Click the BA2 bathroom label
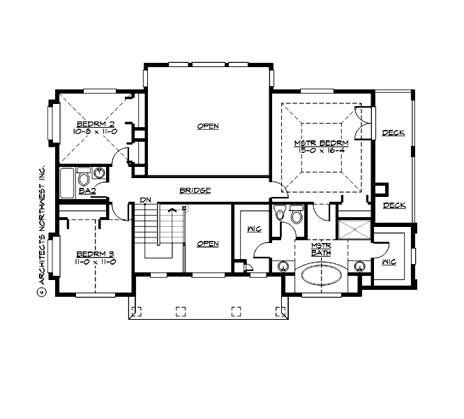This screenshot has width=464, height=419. click(x=87, y=191)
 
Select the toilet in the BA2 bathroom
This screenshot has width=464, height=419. click(x=84, y=177)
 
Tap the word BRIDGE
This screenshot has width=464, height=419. click(x=195, y=190)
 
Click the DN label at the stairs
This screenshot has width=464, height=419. click(x=146, y=200)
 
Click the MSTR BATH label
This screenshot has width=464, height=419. click(x=320, y=249)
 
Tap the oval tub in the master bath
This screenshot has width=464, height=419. click(x=321, y=277)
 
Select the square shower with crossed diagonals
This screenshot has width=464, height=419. click(x=354, y=229)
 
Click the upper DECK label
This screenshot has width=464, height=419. click(x=394, y=133)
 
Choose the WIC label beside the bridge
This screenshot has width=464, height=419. click(x=255, y=228)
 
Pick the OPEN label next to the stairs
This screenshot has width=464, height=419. click(x=207, y=244)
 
